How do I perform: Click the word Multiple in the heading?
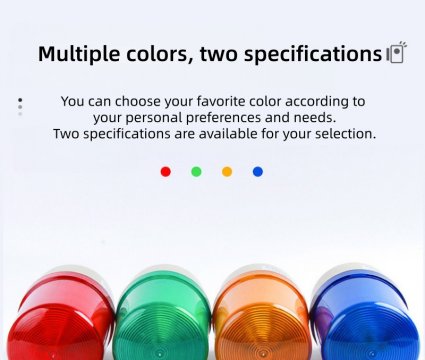click(73, 54)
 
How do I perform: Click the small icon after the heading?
click(397, 53)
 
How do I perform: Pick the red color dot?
click(166, 172)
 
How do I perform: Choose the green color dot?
click(196, 172)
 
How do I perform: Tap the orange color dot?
click(227, 172)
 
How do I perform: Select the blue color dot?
click(258, 172)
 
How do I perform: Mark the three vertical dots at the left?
click(20, 105)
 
